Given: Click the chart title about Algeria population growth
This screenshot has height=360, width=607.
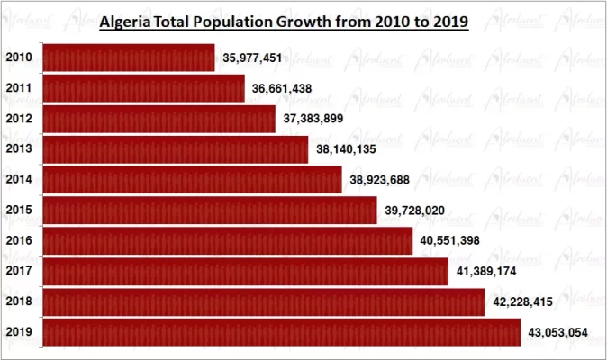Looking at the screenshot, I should (x=284, y=22).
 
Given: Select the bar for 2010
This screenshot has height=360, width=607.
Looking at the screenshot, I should (x=129, y=58).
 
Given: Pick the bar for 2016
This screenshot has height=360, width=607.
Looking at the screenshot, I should (x=228, y=241).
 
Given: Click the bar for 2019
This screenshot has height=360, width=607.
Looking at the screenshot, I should (x=282, y=332).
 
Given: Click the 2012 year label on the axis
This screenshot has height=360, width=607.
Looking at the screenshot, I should (x=20, y=119).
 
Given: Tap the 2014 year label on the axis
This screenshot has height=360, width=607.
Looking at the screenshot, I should (x=20, y=180).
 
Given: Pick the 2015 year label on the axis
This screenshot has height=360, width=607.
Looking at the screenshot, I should (x=20, y=211).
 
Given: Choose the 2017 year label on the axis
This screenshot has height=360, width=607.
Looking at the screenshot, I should (x=20, y=271).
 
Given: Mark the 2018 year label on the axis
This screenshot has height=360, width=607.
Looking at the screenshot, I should (x=20, y=301).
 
